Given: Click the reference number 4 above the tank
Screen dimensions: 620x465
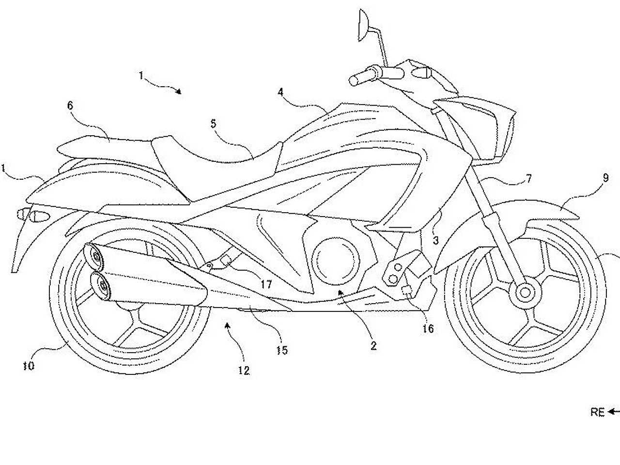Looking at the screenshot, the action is pos(280,92).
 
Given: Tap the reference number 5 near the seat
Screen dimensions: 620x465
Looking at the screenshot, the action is pos(214,124).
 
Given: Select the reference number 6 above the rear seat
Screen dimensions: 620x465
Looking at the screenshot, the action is pos(70,105).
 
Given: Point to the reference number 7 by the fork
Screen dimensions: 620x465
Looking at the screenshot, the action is pos(528,178).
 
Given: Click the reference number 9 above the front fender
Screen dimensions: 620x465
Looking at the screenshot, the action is pos(605,178).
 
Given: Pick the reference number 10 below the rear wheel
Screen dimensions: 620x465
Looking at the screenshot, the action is pos(29,366).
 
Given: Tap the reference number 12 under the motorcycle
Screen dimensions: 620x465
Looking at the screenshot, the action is pos(244,371).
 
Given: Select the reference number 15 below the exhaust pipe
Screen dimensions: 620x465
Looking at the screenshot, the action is pos(282,350).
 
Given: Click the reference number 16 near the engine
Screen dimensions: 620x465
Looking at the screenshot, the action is pos(428,328).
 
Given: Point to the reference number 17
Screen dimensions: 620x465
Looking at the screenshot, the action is pos(266,284).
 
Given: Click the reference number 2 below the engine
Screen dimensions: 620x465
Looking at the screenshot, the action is pos(373,345).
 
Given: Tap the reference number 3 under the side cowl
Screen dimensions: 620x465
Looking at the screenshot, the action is pos(436,240).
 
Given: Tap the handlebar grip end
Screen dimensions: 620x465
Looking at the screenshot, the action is pos(353,81).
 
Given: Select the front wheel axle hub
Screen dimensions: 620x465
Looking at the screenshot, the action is pos(525,293).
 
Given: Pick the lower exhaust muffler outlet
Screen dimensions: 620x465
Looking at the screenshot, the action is pos(101,286).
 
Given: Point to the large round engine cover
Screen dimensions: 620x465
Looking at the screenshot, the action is pos(336,261).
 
